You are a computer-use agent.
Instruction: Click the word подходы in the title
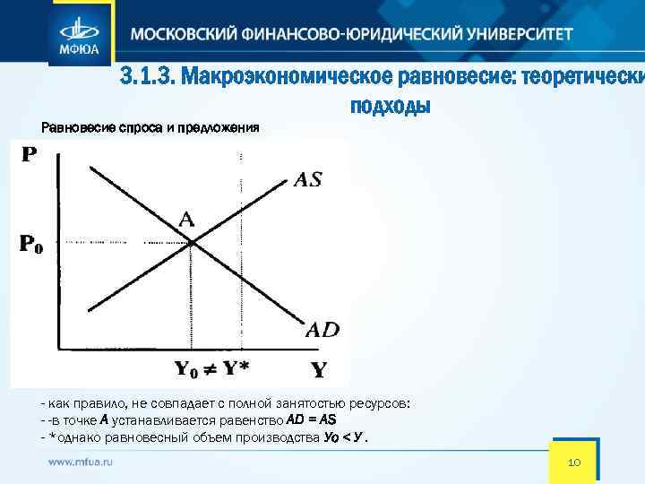click(x=391, y=107)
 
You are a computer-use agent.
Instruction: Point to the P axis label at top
click(x=29, y=154)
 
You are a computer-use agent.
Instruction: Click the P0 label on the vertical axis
click(x=31, y=243)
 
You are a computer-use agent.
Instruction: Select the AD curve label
click(x=322, y=329)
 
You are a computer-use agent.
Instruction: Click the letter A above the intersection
click(x=186, y=218)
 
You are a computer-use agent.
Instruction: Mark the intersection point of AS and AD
click(x=191, y=242)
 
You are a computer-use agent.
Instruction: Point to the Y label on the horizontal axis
click(x=318, y=369)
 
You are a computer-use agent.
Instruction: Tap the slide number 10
click(x=575, y=462)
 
